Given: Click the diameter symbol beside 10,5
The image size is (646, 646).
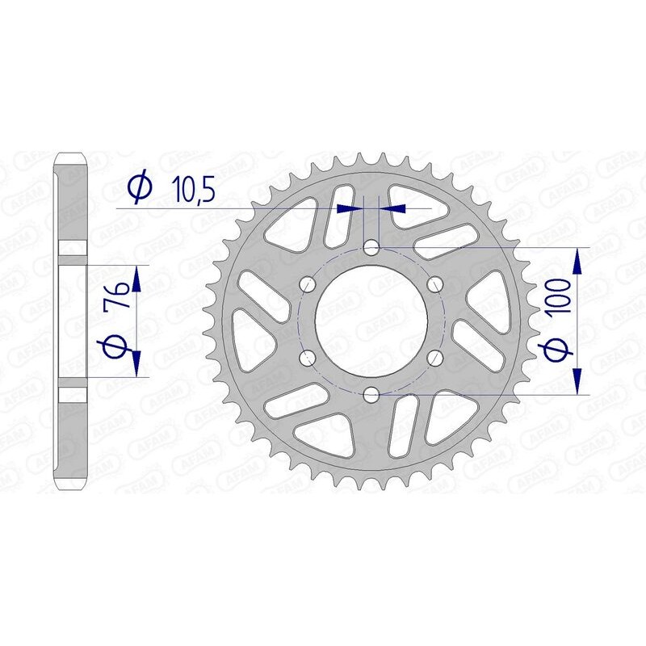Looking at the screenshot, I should tap(139, 187).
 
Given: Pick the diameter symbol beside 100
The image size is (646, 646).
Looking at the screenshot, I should tap(563, 351).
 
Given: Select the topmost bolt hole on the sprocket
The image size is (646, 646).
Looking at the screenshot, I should tap(371, 247).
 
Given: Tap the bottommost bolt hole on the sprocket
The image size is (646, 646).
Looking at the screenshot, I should tap(371, 393).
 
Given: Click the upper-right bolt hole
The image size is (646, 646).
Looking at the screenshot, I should tap(434, 283).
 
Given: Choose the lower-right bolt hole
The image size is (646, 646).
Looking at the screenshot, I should tap(434, 357).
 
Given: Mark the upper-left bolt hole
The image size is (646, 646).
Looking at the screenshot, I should tap(307, 283).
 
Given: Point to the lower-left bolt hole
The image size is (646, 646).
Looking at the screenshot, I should tap(307, 357).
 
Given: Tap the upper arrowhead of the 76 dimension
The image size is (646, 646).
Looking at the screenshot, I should tap(135, 278).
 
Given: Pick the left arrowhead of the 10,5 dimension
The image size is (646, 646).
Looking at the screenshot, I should tap(348, 208).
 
